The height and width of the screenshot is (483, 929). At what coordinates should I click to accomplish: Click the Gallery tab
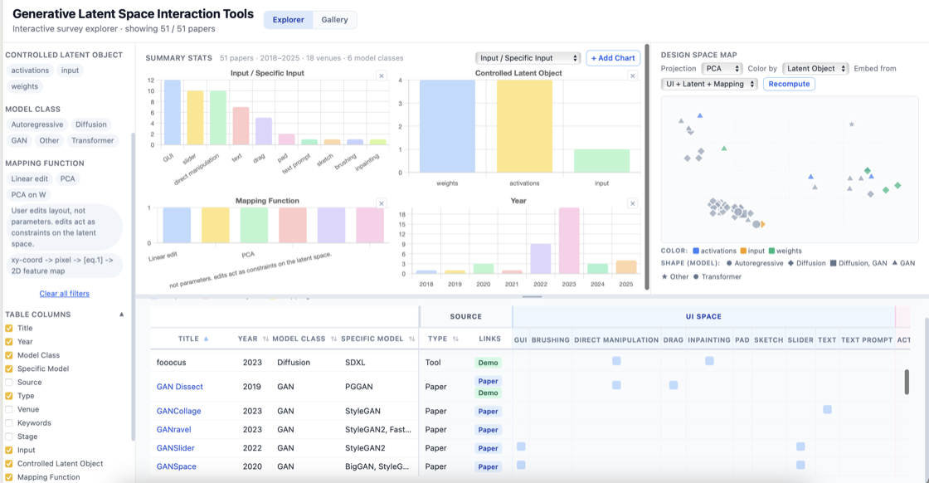(x=334, y=20)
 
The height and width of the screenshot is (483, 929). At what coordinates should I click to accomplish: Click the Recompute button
(x=789, y=84)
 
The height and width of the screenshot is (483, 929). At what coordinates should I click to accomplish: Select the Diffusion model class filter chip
(x=90, y=124)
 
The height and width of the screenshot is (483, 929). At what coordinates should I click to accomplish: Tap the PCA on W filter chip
(x=28, y=194)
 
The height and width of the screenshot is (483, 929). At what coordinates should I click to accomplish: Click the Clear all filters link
(x=64, y=293)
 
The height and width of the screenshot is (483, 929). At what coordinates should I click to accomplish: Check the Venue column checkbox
(x=9, y=409)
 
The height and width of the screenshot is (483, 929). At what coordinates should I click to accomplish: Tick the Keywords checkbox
(x=9, y=423)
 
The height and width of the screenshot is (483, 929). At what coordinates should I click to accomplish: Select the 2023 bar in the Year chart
(x=569, y=241)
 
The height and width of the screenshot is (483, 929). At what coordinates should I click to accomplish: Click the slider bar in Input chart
(x=195, y=118)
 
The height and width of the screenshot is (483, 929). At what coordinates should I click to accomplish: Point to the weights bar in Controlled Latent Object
(x=447, y=126)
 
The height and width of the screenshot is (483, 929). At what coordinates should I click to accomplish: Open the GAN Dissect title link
(x=179, y=387)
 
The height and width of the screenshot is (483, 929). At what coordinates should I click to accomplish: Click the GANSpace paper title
(x=176, y=466)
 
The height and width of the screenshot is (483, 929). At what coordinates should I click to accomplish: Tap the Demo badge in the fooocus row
(x=489, y=363)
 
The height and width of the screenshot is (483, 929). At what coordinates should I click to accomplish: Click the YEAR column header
(x=248, y=339)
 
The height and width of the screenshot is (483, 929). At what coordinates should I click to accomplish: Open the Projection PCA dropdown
(x=722, y=69)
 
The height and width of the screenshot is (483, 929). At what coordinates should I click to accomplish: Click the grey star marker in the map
(x=851, y=124)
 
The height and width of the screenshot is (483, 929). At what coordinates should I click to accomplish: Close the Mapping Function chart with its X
(x=382, y=203)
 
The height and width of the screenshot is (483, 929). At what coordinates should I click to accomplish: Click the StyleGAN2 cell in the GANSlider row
(x=365, y=448)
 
